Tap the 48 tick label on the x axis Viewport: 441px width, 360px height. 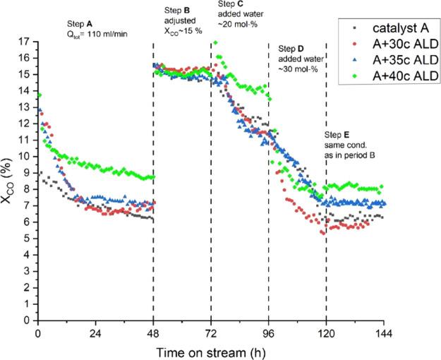153,332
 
